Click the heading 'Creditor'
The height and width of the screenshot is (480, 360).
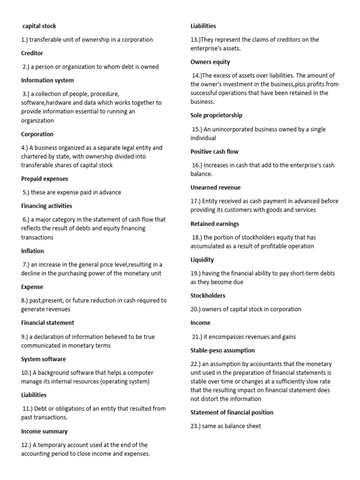tap(32, 53)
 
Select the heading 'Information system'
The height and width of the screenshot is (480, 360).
tap(47, 80)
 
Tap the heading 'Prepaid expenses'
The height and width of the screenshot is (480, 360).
tap(45, 179)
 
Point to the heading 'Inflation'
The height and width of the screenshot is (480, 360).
tap(32, 251)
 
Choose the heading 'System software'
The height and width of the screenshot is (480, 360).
tap(44, 359)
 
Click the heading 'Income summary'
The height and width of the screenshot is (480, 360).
tap(45, 431)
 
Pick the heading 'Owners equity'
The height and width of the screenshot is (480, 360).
tap(210, 62)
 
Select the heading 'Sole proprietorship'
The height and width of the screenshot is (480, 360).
tap(216, 115)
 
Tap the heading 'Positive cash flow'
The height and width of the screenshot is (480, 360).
tap(214, 151)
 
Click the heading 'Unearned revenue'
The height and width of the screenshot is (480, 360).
tap(215, 187)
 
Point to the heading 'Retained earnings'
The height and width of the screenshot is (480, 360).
tap(215, 224)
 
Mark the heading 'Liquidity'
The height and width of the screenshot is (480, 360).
tap(202, 260)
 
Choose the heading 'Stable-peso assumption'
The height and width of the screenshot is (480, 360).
tap(223, 350)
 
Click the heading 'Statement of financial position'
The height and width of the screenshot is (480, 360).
tap(232, 412)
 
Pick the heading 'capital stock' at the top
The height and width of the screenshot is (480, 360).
tap(39, 26)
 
